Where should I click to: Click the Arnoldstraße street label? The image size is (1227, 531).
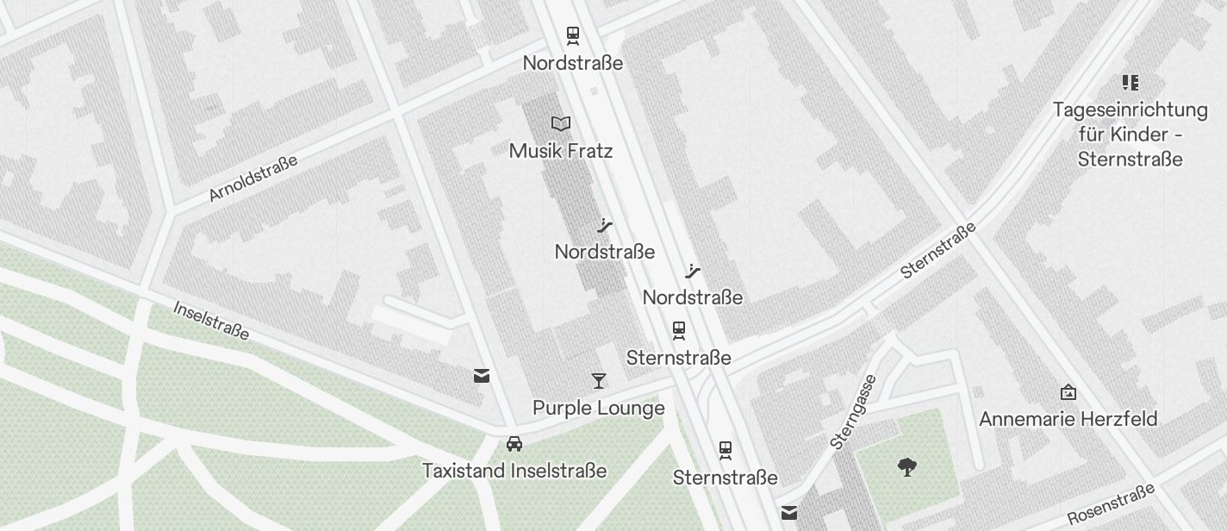(253, 178)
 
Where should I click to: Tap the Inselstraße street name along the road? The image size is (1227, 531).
(212, 321)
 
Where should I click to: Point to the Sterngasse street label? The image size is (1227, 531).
(854, 412)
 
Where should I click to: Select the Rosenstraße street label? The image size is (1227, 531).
(1111, 504)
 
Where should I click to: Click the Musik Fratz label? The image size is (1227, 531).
(561, 152)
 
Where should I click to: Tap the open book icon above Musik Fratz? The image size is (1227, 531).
(561, 124)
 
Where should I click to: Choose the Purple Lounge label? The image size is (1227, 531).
(599, 408)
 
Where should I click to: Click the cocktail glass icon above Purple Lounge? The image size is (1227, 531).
(599, 380)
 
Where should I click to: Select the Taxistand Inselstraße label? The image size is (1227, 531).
(514, 471)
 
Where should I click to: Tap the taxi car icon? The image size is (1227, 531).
(514, 444)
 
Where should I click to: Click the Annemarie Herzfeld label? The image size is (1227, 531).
(1068, 420)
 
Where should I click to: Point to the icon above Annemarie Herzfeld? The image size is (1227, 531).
(1068, 393)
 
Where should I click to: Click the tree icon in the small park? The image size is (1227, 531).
(906, 467)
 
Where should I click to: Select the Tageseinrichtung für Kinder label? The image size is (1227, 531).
(1130, 134)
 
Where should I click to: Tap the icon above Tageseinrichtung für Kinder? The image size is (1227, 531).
(1130, 83)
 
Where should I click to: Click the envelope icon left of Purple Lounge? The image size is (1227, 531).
(482, 376)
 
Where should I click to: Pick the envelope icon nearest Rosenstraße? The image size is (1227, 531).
(789, 514)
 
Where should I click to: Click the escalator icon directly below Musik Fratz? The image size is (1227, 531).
(605, 227)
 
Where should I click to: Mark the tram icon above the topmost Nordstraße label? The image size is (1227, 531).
(573, 35)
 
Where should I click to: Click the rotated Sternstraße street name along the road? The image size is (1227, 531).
(938, 251)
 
